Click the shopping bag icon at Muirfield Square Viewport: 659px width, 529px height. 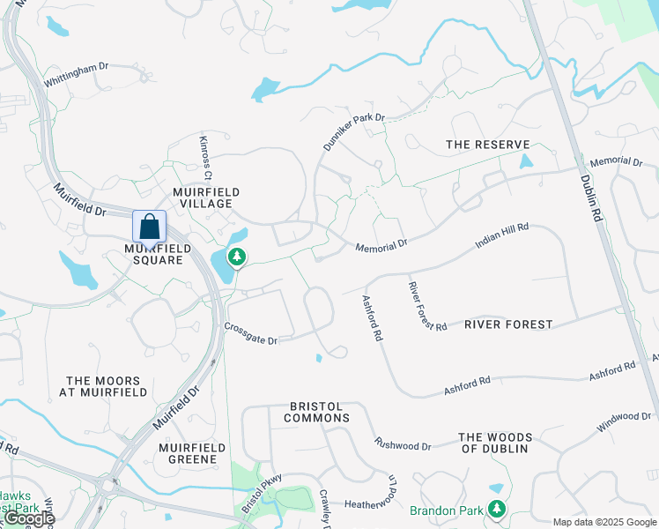point(149,226)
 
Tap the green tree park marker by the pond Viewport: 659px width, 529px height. point(236,257)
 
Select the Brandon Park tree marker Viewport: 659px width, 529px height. point(498,509)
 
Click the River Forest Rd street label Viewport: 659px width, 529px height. point(427,306)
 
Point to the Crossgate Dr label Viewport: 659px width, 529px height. point(250,333)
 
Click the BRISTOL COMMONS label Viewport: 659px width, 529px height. point(319,412)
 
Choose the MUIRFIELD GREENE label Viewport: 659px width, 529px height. point(192,453)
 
